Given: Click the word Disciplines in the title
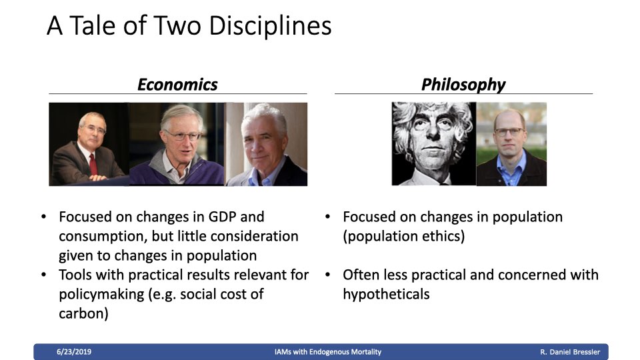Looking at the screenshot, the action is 270,26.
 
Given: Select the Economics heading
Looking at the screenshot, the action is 177,85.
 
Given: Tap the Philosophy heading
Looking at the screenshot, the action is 463,85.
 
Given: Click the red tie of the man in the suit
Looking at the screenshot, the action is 93,164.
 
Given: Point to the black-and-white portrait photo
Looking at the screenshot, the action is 434,144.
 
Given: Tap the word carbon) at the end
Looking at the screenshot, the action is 84,313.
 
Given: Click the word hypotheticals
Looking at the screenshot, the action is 386,294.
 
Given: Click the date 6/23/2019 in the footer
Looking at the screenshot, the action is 74,352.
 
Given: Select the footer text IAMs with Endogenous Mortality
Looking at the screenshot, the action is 328,352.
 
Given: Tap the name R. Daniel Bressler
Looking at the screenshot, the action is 570,352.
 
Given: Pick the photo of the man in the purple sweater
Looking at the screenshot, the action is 177,144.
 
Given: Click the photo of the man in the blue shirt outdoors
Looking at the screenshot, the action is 511,144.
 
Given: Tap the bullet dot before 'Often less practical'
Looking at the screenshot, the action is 327,275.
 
